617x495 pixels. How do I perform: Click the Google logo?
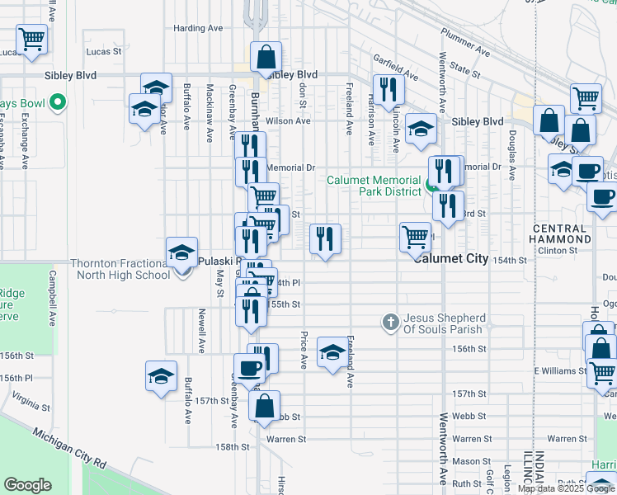coord(27,485)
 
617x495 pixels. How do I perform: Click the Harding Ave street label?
coord(198,28)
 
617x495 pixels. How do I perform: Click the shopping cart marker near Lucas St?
coord(31,38)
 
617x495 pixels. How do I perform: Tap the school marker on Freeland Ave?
coord(332,354)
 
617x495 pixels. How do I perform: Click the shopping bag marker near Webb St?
coord(264,406)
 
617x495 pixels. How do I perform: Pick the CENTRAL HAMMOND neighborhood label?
coord(561,233)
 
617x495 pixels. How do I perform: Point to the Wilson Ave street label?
coord(288,120)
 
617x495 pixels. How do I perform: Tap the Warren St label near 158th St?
coord(286,439)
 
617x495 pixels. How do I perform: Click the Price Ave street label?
coord(304,350)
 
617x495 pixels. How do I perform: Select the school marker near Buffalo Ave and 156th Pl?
coord(161,376)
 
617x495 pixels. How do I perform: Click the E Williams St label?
coord(559,371)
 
